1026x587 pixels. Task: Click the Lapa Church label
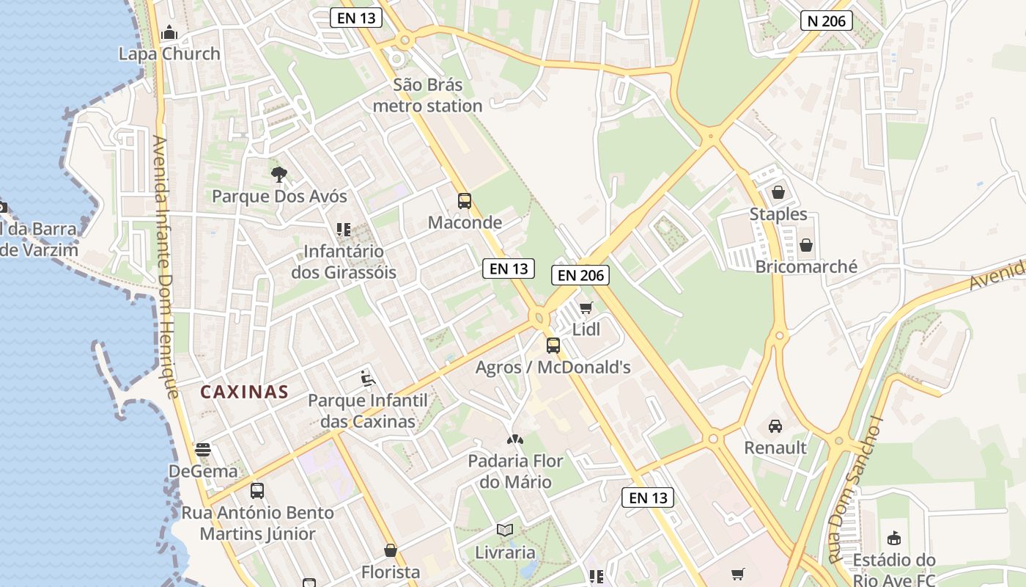tap(169, 54)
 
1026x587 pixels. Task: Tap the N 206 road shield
tap(827, 21)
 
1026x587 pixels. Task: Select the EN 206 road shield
tap(580, 275)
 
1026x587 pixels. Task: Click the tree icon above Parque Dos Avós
tap(278, 175)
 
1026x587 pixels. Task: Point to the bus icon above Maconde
tap(464, 200)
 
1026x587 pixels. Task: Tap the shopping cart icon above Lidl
tap(586, 307)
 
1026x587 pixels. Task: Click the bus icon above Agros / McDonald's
tap(553, 345)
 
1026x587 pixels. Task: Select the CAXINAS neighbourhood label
tap(245, 392)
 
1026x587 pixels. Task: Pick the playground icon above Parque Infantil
tap(368, 379)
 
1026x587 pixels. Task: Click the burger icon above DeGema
tap(203, 449)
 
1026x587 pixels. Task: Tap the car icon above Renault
tap(775, 426)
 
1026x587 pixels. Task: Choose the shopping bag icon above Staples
tap(778, 192)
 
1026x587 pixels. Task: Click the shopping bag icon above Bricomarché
tap(806, 245)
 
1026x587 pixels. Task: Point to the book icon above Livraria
tap(505, 530)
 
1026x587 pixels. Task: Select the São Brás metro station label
tap(427, 95)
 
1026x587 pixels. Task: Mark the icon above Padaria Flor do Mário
tap(515, 440)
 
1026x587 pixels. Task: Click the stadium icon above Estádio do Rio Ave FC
tap(893, 539)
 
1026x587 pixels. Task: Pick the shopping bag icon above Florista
tap(391, 550)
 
